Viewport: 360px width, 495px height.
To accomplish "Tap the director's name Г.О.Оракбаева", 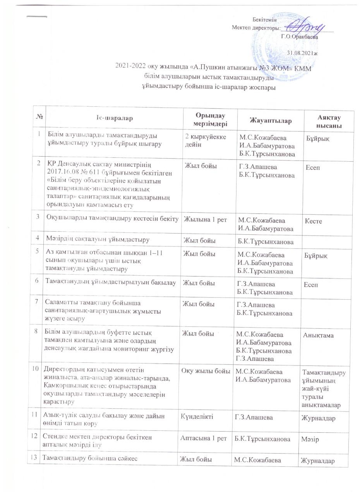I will pos(299,37).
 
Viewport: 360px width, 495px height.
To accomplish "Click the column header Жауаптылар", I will pos(270,121).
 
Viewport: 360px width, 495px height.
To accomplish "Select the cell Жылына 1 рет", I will pos(202,220).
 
